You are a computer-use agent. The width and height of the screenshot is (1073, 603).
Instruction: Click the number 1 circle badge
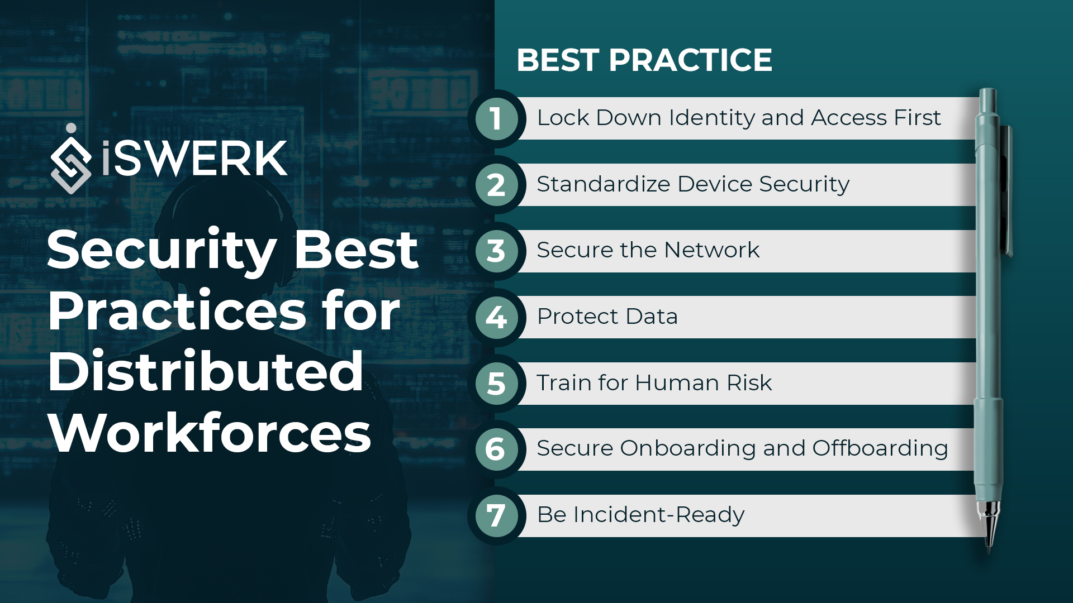(496, 118)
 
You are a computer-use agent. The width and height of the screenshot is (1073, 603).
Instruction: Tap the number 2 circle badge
(496, 185)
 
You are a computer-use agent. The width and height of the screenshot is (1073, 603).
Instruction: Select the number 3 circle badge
(496, 251)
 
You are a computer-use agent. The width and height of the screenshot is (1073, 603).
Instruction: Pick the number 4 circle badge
(496, 317)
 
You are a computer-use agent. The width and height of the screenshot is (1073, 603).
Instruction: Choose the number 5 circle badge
(496, 384)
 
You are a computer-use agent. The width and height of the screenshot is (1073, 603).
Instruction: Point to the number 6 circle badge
(496, 449)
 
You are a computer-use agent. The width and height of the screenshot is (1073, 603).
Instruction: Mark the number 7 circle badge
(496, 515)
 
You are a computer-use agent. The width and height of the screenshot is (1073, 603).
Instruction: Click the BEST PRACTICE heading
(644, 60)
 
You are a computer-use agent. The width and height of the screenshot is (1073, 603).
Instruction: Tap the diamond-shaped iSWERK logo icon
(71, 161)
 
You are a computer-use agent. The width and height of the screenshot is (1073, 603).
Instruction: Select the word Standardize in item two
(603, 184)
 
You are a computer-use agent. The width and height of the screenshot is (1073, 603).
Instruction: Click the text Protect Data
(607, 317)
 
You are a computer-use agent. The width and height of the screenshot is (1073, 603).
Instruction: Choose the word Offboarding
(880, 448)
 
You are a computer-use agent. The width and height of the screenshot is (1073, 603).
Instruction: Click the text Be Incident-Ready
(640, 515)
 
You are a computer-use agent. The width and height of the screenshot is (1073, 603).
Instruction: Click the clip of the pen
(1008, 190)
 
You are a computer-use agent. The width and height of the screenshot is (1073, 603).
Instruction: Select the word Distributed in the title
(206, 372)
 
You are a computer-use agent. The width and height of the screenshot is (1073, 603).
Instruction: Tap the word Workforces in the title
(210, 433)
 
